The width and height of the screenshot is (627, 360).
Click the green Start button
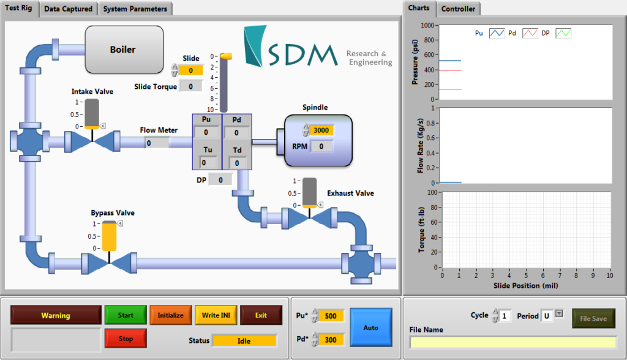[x=126, y=315]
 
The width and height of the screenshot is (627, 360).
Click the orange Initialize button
[x=170, y=315]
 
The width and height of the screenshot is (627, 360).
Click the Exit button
[x=261, y=315]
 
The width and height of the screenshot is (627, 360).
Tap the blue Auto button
[x=371, y=328]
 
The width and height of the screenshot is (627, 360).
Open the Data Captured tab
[x=69, y=9]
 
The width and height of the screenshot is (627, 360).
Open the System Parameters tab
[x=135, y=9]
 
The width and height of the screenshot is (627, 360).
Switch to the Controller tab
[x=458, y=9]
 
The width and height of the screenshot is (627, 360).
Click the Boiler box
[x=124, y=49]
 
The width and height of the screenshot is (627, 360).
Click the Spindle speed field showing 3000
[x=321, y=130]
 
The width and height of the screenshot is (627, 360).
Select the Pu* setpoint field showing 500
[x=331, y=315]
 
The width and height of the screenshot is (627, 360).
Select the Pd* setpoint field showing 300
[x=331, y=339]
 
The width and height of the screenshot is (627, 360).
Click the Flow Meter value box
[x=157, y=143]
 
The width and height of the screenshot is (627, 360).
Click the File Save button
[x=593, y=318]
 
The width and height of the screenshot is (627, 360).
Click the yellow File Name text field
[x=512, y=342]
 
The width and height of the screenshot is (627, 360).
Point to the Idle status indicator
[x=244, y=341]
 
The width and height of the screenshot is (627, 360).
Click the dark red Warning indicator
[x=56, y=315]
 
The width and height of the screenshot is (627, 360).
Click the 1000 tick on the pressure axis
[x=427, y=26]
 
